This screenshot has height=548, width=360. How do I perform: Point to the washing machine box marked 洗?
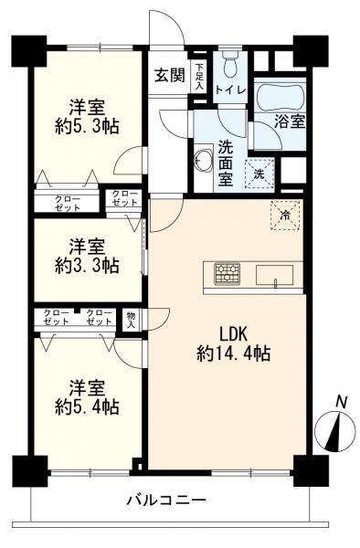coord(259,174)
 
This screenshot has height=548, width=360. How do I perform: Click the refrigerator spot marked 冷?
coord(284,216)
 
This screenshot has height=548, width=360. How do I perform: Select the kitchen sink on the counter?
coord(273,274)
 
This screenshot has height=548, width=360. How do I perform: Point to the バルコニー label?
coord(166,501)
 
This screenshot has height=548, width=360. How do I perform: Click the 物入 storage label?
coord(132,319)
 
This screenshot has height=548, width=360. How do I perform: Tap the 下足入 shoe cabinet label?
coord(200,76)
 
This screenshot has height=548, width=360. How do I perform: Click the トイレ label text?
coord(230,91)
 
